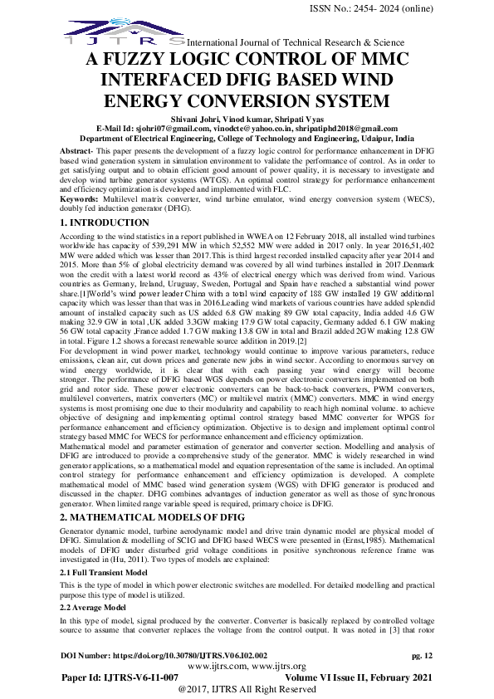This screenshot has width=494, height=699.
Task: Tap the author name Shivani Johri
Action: coord(193,120)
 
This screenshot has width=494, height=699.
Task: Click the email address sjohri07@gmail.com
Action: coord(164,129)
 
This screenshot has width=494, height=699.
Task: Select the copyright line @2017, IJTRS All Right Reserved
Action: coord(247,689)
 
